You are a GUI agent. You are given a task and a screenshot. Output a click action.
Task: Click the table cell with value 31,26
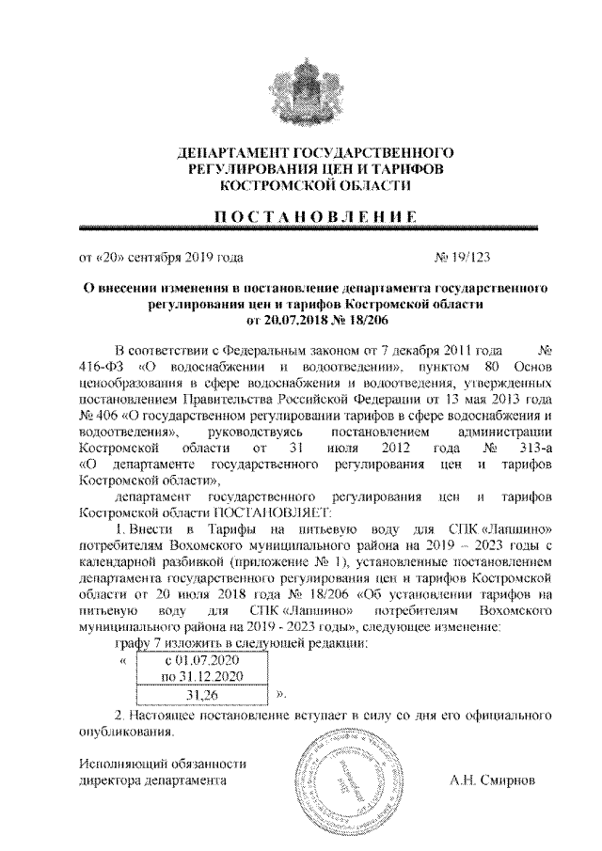coord(202,695)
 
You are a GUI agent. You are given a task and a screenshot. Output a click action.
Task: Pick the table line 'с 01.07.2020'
coord(202,661)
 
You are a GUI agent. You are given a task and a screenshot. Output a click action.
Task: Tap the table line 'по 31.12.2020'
coord(202,676)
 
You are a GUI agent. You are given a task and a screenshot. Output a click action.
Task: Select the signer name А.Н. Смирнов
coord(494,780)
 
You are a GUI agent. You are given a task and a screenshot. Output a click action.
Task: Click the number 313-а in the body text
coord(530,447)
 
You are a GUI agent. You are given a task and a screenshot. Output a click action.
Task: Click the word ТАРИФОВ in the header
coord(404,169)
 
